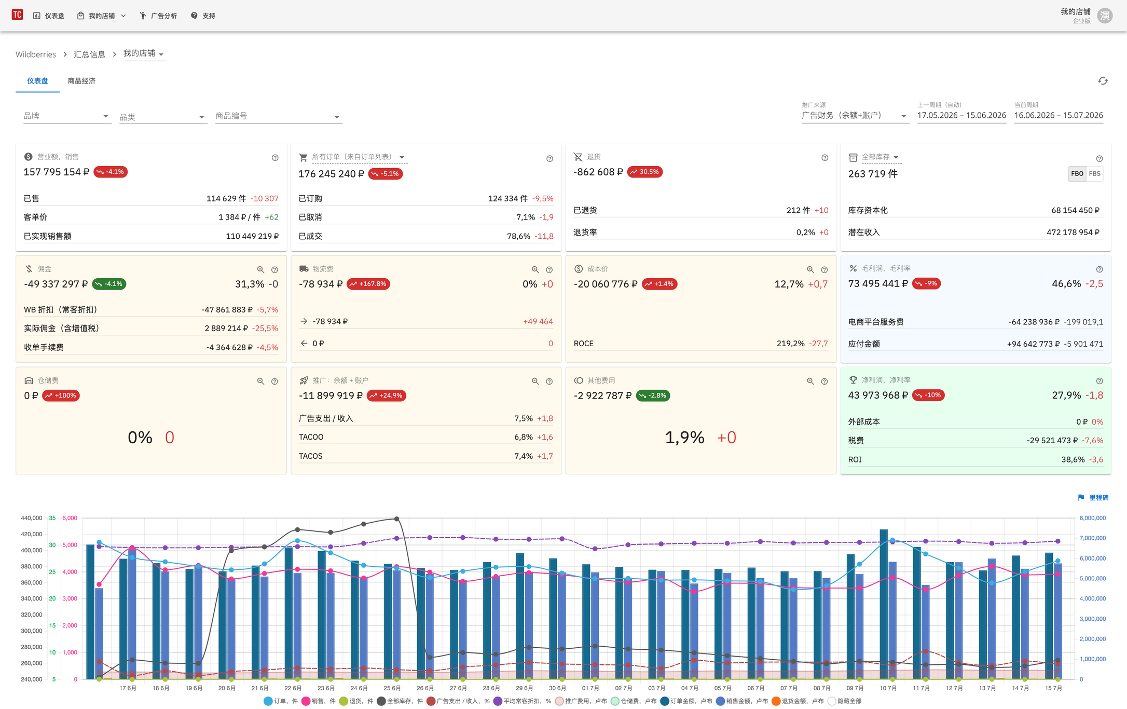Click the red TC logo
click(17, 15)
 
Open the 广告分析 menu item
click(158, 16)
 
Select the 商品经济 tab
click(81, 81)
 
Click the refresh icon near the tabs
click(1103, 81)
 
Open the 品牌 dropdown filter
click(66, 116)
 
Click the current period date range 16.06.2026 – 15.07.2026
click(1059, 115)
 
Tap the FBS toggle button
click(1094, 174)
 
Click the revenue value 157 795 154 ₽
click(57, 172)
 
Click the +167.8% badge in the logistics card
click(368, 284)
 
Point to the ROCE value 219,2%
click(790, 344)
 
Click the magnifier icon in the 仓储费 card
click(260, 381)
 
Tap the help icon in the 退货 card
click(824, 158)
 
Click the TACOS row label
click(310, 456)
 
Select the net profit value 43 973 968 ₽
click(878, 396)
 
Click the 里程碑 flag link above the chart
click(1093, 498)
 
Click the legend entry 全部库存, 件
click(400, 701)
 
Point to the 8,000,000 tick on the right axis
click(1092, 518)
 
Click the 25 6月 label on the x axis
click(392, 688)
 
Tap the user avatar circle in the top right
click(1105, 16)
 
